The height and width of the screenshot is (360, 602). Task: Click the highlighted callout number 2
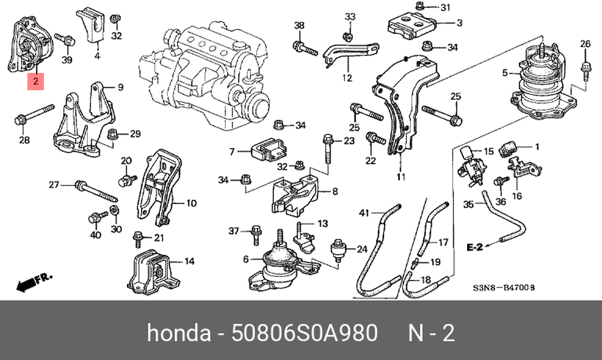click(x=36, y=81)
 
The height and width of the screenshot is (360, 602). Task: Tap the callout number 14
click(x=189, y=261)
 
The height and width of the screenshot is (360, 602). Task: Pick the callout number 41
click(x=363, y=212)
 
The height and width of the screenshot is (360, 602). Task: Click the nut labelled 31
click(x=420, y=7)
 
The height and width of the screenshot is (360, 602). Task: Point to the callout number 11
click(x=401, y=177)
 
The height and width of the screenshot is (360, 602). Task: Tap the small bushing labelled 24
click(x=339, y=249)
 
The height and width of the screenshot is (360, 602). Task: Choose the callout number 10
click(x=191, y=203)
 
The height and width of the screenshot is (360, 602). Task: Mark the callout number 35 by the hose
click(x=469, y=204)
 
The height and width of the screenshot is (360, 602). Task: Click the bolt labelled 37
click(x=255, y=231)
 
